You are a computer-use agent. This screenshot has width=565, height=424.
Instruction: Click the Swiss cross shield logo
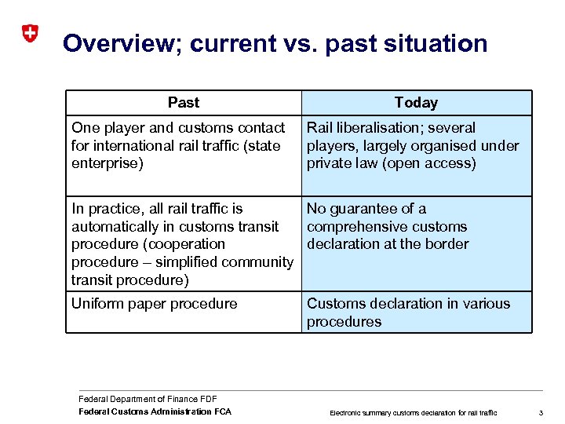pos(29,34)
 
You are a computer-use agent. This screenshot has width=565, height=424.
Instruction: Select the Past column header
pos(184,103)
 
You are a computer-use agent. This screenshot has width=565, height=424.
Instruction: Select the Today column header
pos(416,103)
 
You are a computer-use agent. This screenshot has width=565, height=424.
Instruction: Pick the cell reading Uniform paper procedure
pos(155,304)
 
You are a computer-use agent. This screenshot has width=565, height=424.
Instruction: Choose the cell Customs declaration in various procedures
pos(408,313)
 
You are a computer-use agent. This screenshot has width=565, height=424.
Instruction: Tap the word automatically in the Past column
pos(113,227)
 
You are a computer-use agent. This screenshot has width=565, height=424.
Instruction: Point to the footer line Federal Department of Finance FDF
pos(148,400)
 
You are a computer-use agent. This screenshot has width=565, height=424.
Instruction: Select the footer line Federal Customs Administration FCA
pos(155,411)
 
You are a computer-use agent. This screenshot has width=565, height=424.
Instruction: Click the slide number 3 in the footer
pos(541,412)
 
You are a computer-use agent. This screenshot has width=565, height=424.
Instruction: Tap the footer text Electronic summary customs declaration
pos(413,412)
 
